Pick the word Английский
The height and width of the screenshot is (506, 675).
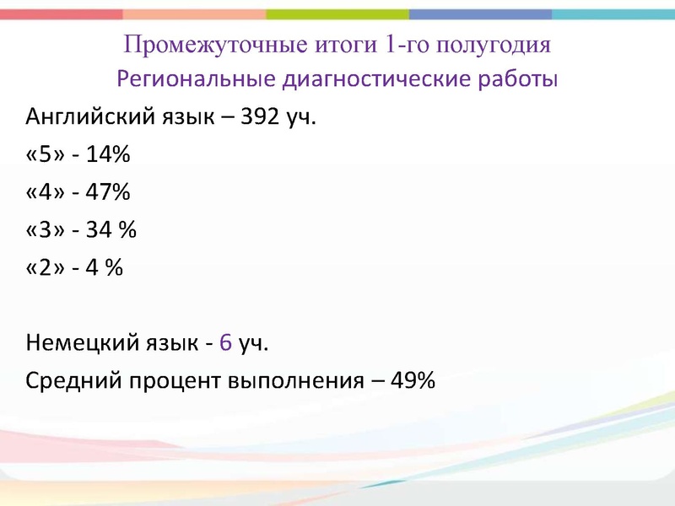point(90,116)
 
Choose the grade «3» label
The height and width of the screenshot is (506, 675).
point(45,230)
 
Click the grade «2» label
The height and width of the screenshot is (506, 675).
point(45,267)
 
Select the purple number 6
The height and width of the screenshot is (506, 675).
point(225,343)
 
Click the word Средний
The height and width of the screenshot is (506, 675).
point(75,381)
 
